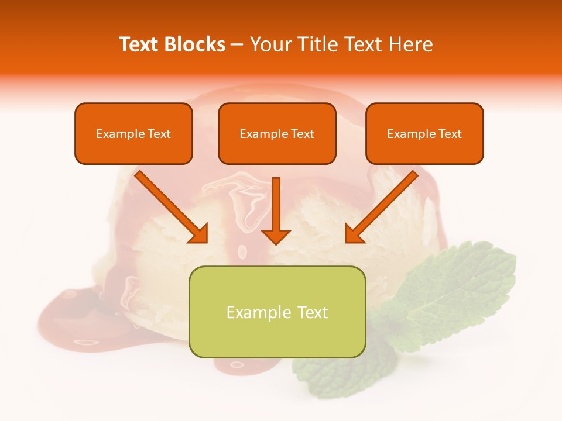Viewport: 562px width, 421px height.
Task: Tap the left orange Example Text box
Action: click(133, 134)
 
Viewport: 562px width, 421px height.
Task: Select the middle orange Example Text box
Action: click(277, 134)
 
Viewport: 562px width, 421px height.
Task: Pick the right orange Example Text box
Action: click(424, 134)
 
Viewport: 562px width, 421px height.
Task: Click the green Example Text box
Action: click(277, 312)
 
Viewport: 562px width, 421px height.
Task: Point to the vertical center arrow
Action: click(276, 205)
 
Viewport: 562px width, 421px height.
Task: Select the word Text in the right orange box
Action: click(450, 134)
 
